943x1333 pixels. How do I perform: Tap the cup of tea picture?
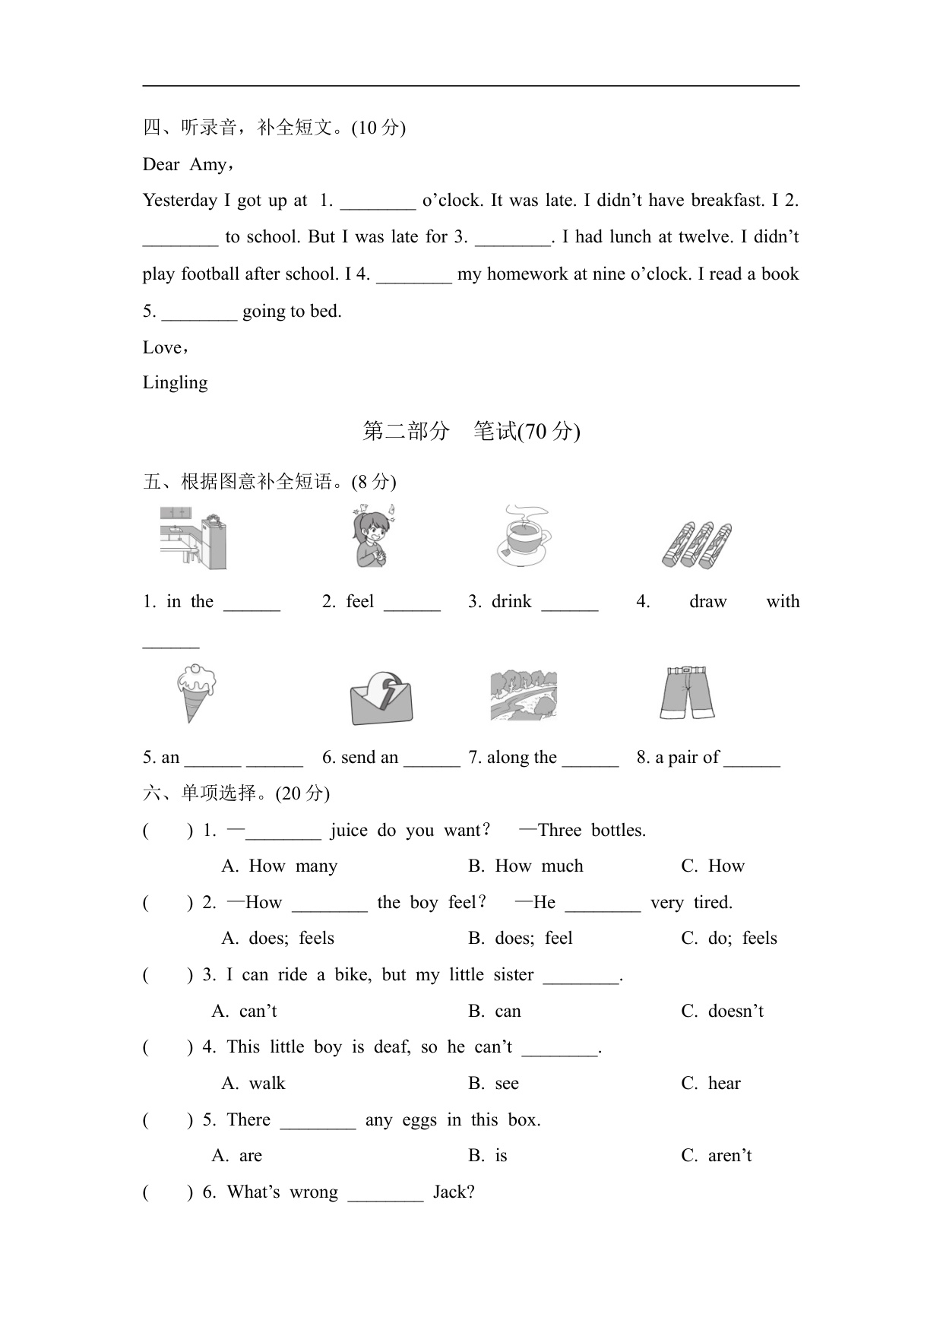click(524, 537)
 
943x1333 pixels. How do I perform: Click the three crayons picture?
click(697, 544)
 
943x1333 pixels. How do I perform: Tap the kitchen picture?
click(193, 539)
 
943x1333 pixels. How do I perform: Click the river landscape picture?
click(524, 695)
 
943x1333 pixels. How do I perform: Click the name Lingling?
click(175, 382)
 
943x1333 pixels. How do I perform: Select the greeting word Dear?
click(161, 165)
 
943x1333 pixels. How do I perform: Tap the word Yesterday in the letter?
click(180, 201)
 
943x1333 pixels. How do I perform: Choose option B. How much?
click(526, 866)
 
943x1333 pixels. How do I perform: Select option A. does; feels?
click(277, 939)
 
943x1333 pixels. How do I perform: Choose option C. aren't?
click(717, 1156)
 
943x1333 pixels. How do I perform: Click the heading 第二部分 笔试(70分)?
click(471, 432)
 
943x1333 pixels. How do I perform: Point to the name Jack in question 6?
click(453, 1192)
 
